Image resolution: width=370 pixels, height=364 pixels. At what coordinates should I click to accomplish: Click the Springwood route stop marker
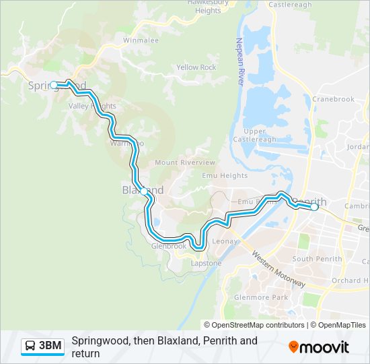tap(54, 85)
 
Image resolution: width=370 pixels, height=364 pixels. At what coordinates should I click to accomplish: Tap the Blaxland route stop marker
tap(143, 191)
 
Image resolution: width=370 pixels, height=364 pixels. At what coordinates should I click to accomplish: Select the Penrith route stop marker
tap(313, 208)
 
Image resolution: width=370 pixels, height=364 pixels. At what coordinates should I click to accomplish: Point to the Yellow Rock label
tap(196, 67)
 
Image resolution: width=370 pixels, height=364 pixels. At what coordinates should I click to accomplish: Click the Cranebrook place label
tap(333, 99)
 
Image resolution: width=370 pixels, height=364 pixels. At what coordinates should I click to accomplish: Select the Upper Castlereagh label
tap(260, 135)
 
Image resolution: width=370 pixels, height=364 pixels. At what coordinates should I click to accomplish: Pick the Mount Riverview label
tap(185, 162)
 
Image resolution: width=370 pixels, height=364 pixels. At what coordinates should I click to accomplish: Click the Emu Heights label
tap(225, 176)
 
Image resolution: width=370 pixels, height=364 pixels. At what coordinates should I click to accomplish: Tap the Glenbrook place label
tap(168, 247)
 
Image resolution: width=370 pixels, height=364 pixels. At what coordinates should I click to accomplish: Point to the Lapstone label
tap(205, 264)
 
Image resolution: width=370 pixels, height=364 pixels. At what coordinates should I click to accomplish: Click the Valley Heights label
tap(92, 107)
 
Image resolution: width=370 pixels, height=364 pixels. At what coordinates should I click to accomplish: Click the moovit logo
tap(319, 347)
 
